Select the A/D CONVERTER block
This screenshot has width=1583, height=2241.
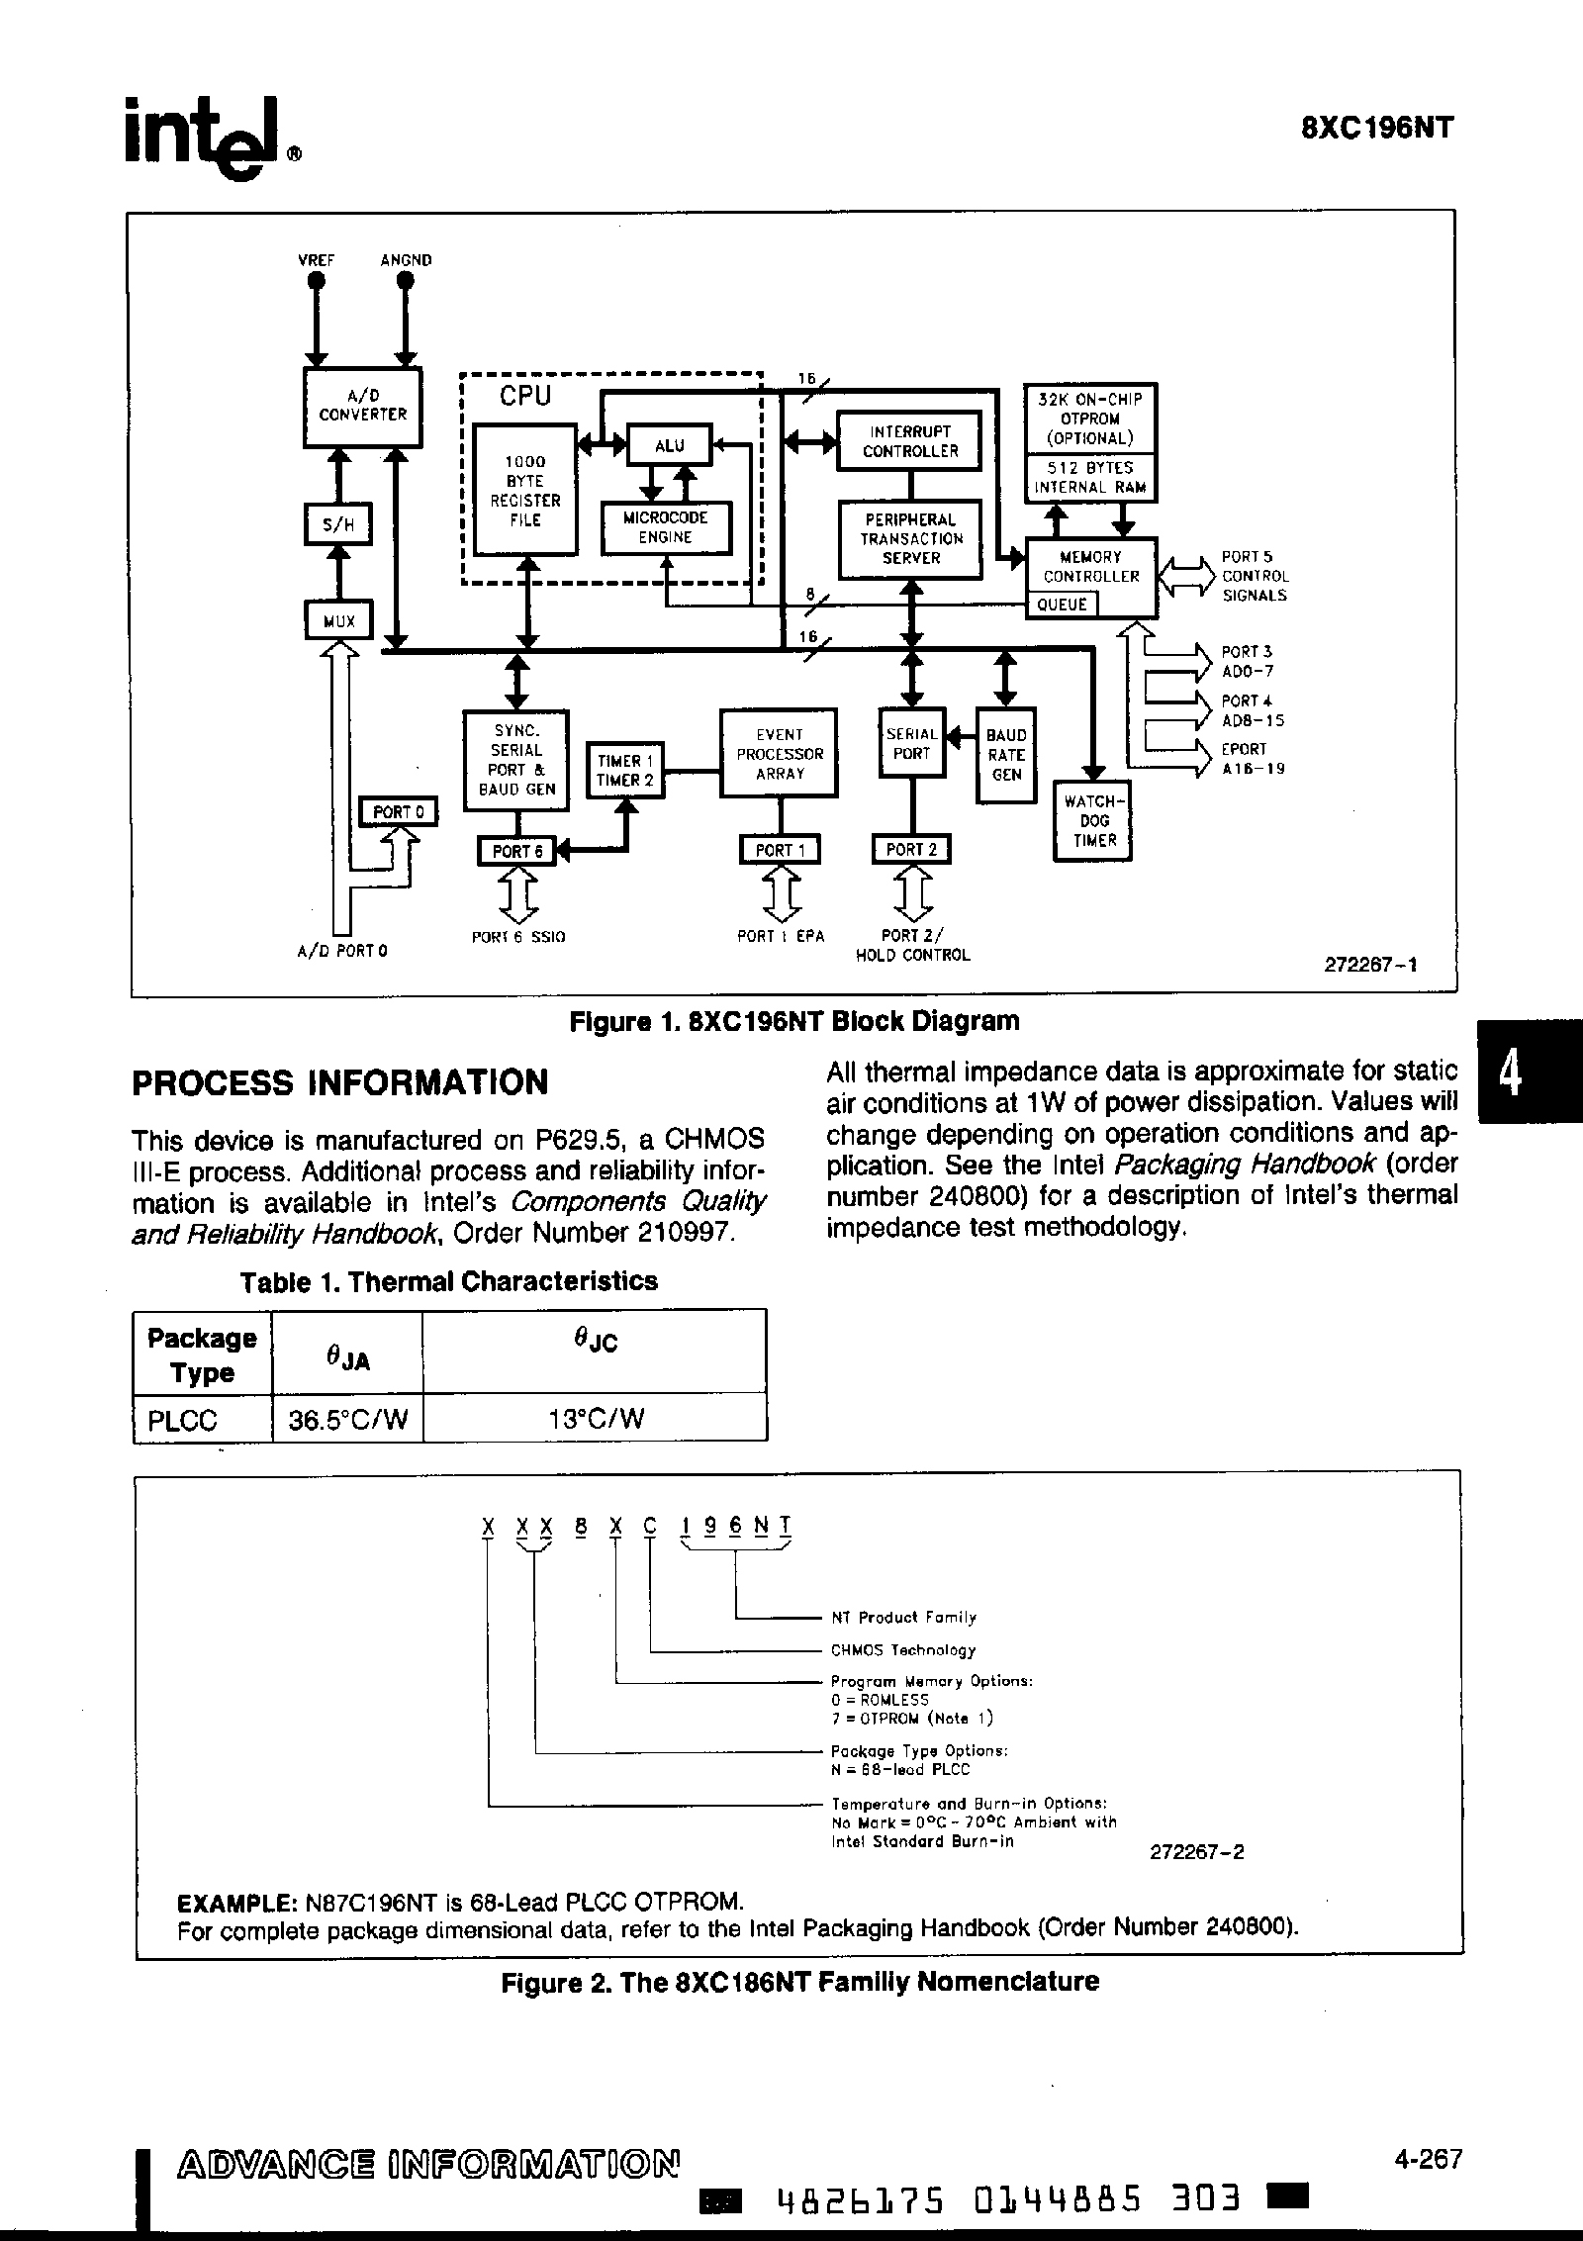tap(362, 407)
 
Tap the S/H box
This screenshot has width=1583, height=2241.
tap(338, 524)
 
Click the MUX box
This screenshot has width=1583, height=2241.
tap(338, 621)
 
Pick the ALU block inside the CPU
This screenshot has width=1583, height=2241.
tap(670, 445)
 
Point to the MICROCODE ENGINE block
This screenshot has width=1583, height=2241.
tap(666, 528)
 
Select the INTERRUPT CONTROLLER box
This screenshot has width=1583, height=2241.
tap(909, 441)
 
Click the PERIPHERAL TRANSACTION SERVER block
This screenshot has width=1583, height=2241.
tap(910, 539)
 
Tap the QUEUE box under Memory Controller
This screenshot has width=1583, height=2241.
tap(1062, 605)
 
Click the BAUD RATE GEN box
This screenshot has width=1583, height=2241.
tap(1006, 755)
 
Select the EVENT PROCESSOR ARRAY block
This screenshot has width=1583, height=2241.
tap(779, 754)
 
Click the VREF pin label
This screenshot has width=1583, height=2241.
tap(317, 260)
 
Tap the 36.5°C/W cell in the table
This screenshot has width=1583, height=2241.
tap(347, 1420)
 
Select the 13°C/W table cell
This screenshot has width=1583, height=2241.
tap(595, 1420)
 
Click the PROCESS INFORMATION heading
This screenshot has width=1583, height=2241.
tap(339, 1082)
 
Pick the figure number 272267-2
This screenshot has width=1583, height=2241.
tap(1196, 1851)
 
